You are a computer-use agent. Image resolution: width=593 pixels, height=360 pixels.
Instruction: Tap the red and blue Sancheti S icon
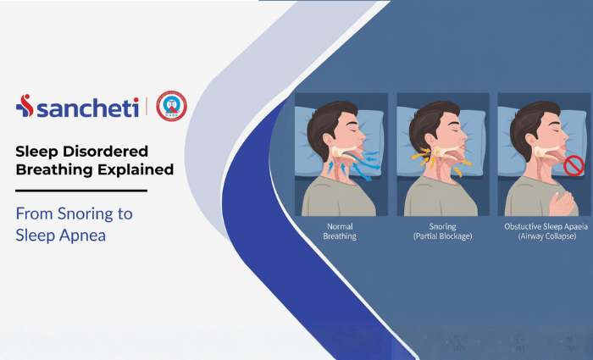pos(25,106)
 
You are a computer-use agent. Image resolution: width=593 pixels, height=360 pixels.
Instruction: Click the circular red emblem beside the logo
pos(172,106)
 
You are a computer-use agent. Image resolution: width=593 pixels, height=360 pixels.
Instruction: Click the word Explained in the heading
pos(134,169)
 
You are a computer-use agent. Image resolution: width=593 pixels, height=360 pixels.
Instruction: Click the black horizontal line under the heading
pos(80,191)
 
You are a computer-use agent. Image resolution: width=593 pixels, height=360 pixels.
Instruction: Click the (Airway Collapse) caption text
pos(544,236)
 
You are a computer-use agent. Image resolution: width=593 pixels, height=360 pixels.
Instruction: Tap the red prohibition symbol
pos(574,166)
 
